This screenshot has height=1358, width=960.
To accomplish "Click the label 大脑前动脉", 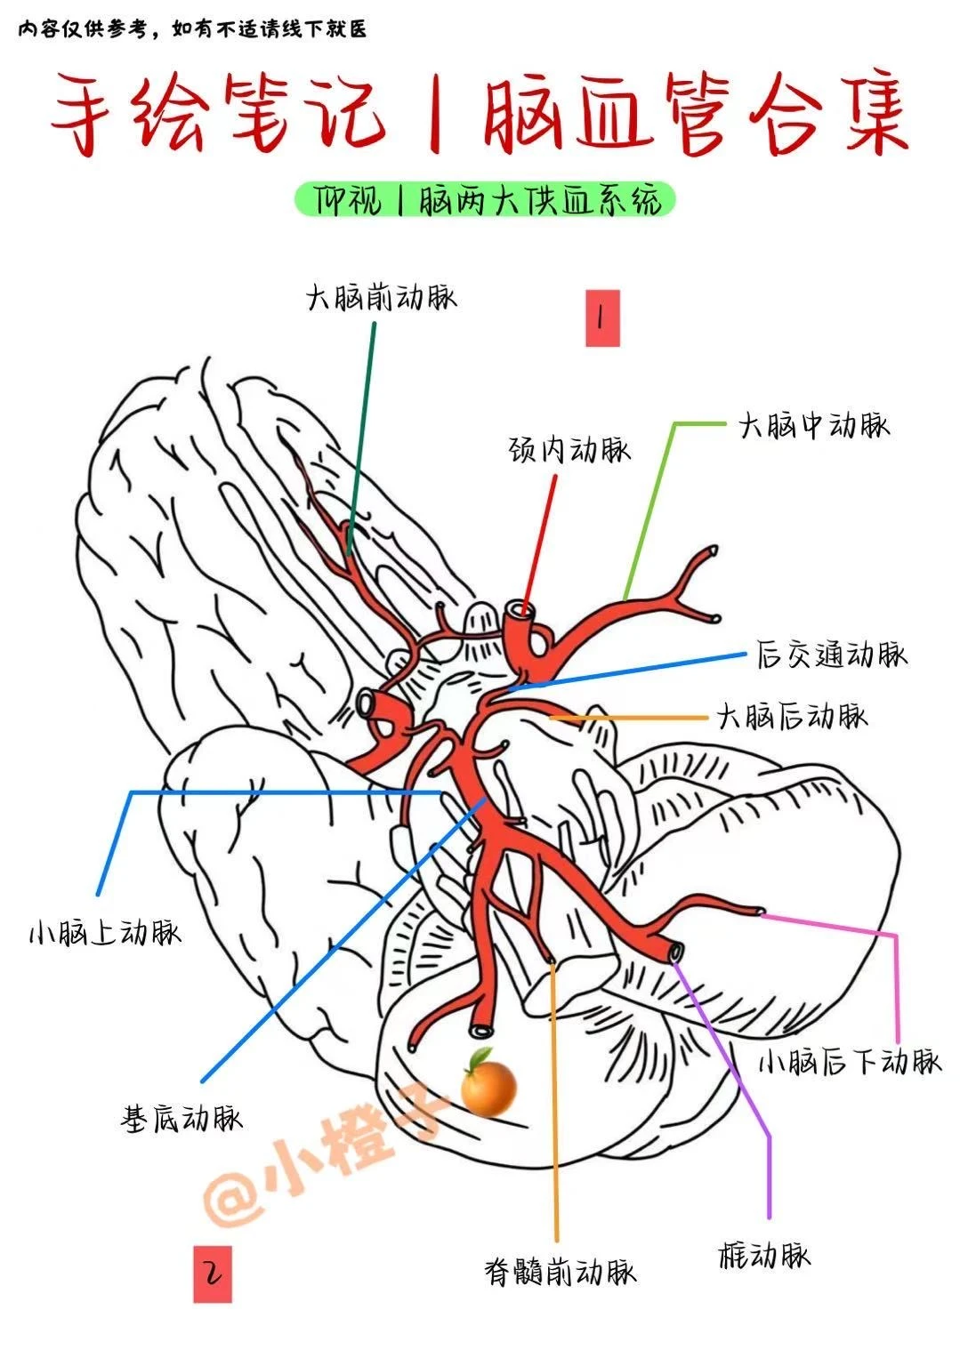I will pos(381,297).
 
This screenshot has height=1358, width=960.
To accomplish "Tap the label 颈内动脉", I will pos(569,449).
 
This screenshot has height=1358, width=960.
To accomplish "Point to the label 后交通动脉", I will pos(832,655).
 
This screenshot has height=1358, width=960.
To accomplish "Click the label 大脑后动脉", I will pos(792,716).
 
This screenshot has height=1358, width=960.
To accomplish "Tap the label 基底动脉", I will pos(181,1118).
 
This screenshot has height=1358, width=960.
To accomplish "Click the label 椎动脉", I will pos(764,1255).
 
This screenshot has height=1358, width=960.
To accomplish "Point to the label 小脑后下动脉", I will pos(850,1061).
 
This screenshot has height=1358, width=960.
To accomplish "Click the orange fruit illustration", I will pos(488,1082).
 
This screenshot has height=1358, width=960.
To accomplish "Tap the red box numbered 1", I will pos(601,317).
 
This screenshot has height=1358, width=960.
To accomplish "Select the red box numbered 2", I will pos(213,1274).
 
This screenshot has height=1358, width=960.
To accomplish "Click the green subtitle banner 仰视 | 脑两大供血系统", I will pos(485,201).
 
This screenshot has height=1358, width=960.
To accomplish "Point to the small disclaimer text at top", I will pos(192,29).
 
